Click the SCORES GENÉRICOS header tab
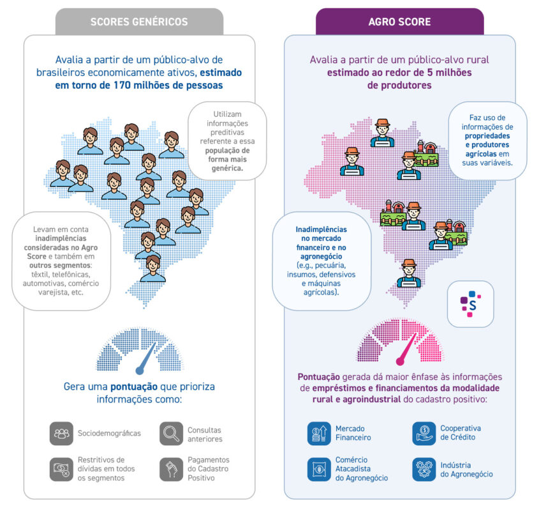[139, 22]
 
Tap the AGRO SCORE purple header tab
[399, 22]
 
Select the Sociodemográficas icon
[61, 434]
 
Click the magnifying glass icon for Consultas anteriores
[171, 434]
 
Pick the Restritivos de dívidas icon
[61, 469]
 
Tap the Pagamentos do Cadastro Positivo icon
[171, 469]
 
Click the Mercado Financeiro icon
[319, 434]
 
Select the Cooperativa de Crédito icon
[424, 434]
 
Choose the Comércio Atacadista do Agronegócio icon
[319, 469]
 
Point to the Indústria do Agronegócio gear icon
[424, 469]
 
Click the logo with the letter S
[470, 303]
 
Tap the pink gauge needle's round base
[400, 362]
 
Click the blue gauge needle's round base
[140, 371]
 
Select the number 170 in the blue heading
[122, 86]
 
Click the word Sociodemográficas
[109, 434]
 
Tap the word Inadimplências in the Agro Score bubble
[321, 230]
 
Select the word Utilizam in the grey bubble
[227, 114]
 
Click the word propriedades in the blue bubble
[487, 136]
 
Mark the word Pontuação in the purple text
[319, 377]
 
